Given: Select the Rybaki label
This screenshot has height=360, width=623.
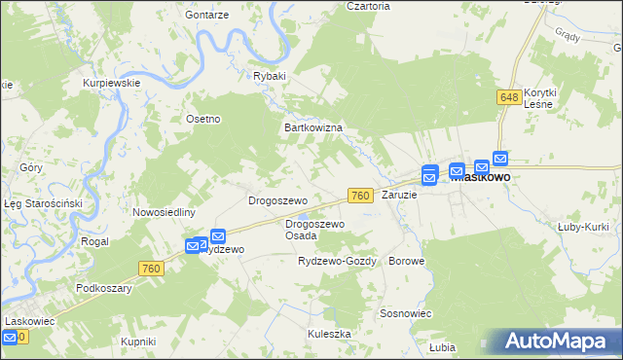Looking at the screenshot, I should coord(270,76).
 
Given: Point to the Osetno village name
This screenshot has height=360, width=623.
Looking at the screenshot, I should coord(203,119).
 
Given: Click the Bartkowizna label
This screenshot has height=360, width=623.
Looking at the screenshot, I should coord(311,127).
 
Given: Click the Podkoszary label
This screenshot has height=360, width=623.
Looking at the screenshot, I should coord(104,289).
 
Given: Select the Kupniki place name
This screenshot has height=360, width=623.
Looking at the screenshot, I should coord(138,342).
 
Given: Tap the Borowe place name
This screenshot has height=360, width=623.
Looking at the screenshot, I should coord(407,262).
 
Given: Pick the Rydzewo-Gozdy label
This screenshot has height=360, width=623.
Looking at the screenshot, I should coord(337,262).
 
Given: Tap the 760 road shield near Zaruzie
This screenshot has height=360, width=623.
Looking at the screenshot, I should coord(360,196).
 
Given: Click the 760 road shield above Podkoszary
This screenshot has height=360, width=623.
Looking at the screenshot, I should coord(150,268).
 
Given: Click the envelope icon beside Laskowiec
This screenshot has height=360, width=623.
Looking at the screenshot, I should coord(10,337).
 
